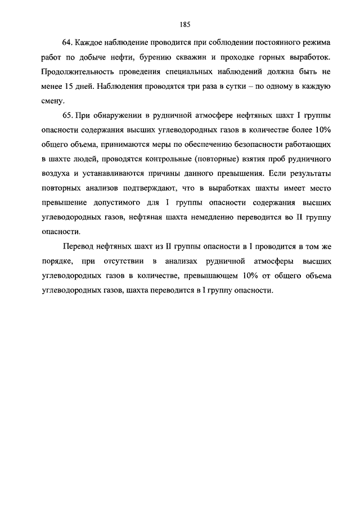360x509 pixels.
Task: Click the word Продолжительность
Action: [x=78, y=72]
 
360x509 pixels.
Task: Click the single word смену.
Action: [x=53, y=101]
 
